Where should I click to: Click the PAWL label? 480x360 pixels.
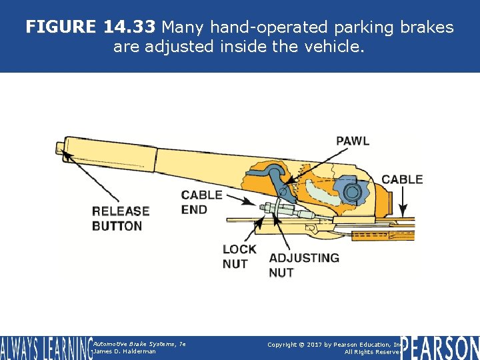(x=352, y=141)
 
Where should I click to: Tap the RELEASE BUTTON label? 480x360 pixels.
(x=120, y=218)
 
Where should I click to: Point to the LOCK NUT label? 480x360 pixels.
(x=239, y=257)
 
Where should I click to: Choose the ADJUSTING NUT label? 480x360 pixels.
(x=303, y=265)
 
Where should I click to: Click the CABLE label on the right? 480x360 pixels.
(x=401, y=179)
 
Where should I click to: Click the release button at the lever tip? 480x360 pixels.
(x=61, y=146)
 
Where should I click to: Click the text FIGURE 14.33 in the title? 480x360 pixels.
(x=90, y=27)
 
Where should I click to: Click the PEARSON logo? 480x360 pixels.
(x=440, y=348)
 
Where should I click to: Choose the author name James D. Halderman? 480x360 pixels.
(x=125, y=351)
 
